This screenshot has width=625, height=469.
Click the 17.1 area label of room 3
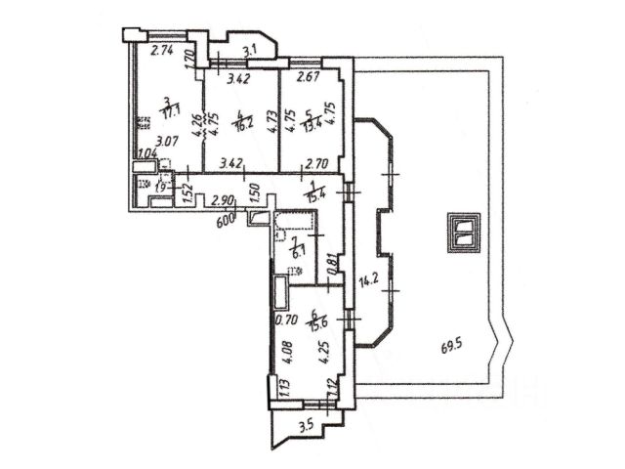click(x=171, y=113)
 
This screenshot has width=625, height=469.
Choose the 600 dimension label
click(x=227, y=220)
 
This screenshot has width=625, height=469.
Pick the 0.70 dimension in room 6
click(x=285, y=319)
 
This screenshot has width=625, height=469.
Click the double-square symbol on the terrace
click(x=462, y=232)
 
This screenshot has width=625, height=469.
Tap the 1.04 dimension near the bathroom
click(x=146, y=152)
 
